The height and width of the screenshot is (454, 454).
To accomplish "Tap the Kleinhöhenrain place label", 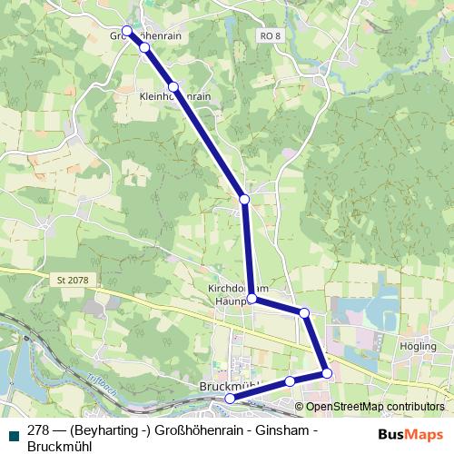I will click(x=176, y=95).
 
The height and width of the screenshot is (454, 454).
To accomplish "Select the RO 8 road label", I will click(x=270, y=35).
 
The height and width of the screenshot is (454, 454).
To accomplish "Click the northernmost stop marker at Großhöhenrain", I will click(x=128, y=31).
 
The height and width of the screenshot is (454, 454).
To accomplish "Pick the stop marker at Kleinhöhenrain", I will click(x=173, y=87).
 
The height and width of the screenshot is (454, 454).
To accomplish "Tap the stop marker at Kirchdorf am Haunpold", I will click(x=252, y=299).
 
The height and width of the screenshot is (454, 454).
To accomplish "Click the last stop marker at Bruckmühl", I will click(x=230, y=398).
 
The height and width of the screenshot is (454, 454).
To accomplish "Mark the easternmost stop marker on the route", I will click(x=327, y=373).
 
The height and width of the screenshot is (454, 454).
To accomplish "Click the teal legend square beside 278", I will click(x=12, y=432).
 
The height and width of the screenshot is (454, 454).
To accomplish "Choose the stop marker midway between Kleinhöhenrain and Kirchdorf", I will click(x=244, y=199).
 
